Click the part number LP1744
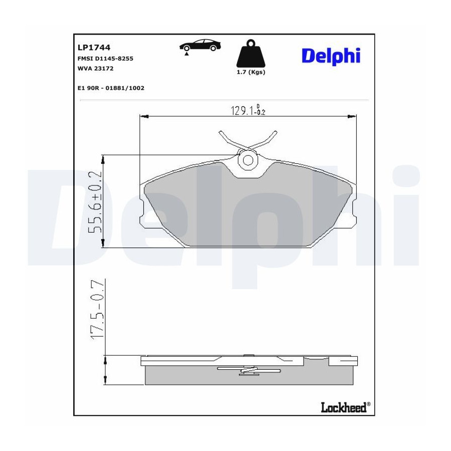point(94,47)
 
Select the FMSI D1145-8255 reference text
point(105,59)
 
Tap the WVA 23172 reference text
point(96,69)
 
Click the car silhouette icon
point(200,45)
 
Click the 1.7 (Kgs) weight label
point(251,72)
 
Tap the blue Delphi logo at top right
point(331,56)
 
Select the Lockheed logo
point(345,407)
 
